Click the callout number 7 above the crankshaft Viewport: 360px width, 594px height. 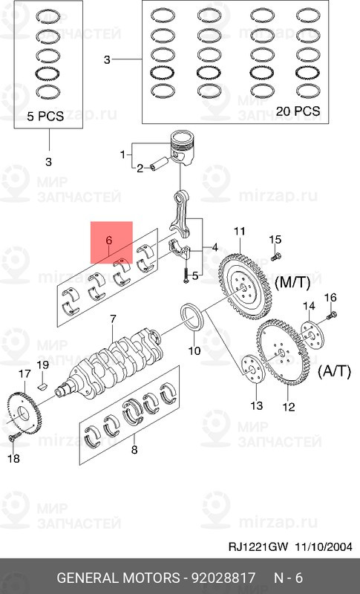click(113, 319)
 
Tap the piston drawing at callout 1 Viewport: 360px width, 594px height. click(183, 147)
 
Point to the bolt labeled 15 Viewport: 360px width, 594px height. click(275, 256)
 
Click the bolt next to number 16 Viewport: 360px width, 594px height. click(333, 314)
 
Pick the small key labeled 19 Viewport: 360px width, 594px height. click(43, 386)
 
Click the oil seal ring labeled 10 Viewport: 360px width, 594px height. click(193, 317)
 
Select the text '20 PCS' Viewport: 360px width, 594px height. click(298, 111)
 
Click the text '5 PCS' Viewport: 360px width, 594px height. click(45, 116)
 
